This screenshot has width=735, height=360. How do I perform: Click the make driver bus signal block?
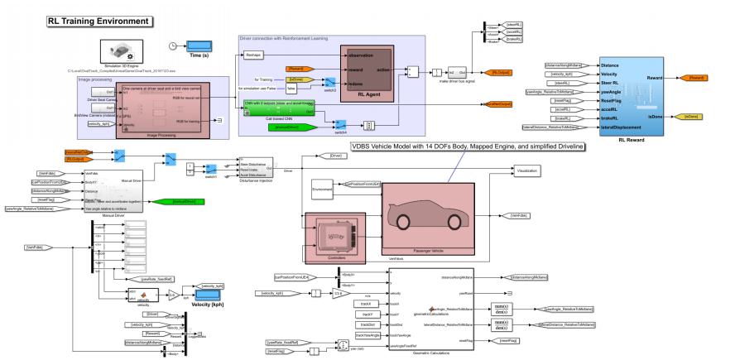pos(455,73)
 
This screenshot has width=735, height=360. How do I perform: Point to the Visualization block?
pos(526,170)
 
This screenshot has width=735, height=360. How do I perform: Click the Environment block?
pos(322,189)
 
